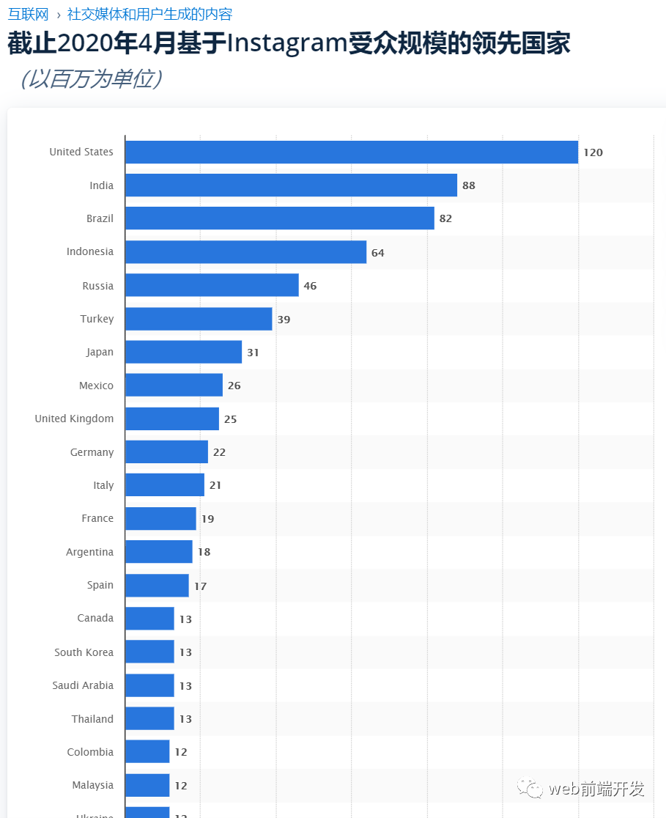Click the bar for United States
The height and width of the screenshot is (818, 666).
tap(352, 152)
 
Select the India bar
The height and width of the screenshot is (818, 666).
tap(291, 185)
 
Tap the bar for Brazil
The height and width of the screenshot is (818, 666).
tap(280, 218)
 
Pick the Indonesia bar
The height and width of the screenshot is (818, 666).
tap(245, 252)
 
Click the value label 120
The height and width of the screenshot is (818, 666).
tap(593, 152)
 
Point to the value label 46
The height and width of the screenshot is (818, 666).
tap(310, 286)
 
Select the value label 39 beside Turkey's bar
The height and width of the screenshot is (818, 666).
tap(284, 320)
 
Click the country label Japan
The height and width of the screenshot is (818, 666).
tap(100, 352)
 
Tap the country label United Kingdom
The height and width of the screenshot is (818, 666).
tap(74, 419)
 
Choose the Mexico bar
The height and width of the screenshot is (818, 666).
tap(174, 385)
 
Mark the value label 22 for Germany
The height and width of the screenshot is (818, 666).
tap(219, 452)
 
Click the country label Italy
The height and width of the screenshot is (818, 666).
tap(103, 485)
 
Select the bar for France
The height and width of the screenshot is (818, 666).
tap(160, 518)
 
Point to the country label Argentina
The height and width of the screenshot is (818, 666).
tap(89, 552)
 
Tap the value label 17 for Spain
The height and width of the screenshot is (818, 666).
tap(200, 586)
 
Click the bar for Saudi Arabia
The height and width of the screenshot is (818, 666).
tap(149, 685)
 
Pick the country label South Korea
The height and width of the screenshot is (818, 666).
tap(84, 652)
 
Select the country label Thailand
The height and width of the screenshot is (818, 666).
tap(92, 719)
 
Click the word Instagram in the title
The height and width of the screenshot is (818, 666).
tap(286, 44)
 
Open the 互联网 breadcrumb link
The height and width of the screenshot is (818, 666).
tap(28, 14)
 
